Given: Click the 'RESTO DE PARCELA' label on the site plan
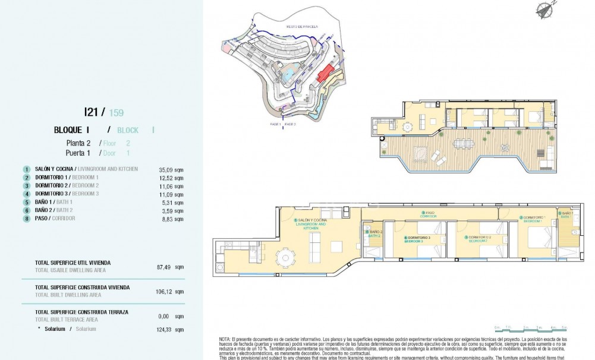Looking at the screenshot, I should (303, 27).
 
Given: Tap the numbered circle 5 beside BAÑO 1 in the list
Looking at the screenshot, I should (26, 202).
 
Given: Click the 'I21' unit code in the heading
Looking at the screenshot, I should (90, 112).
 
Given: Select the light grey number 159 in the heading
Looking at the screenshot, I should (116, 112).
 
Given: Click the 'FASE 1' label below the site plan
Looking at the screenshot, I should (275, 125).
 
